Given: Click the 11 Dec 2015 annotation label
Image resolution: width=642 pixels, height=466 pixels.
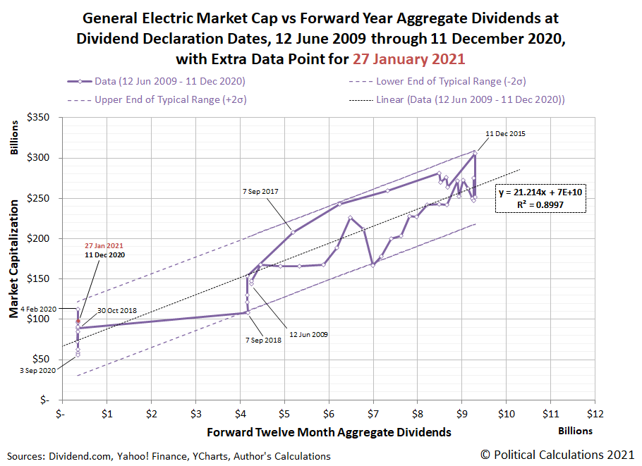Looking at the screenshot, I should click(505, 133).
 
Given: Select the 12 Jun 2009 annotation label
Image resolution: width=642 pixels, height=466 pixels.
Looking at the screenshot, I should click(308, 334).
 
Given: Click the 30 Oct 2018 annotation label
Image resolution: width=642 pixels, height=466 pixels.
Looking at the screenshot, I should click(116, 309).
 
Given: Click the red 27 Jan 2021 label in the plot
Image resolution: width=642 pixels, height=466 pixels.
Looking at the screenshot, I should click(104, 245).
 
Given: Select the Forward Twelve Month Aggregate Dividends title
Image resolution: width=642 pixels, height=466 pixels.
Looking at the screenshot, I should click(329, 431).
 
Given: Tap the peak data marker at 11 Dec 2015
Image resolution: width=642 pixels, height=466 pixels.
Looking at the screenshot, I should click(475, 153).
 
